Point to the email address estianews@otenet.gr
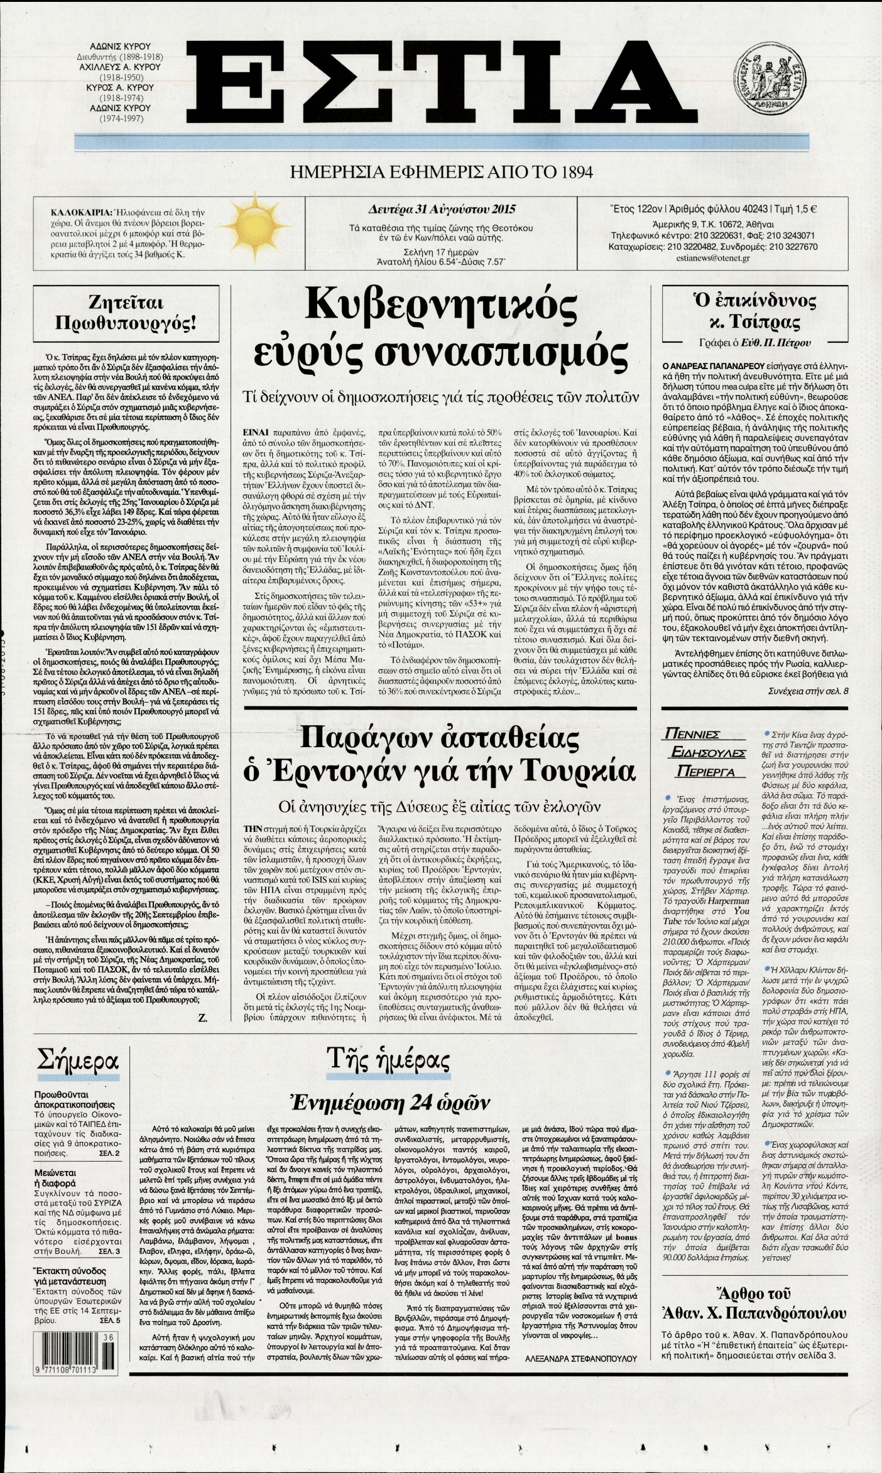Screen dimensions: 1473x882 click(713, 259)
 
